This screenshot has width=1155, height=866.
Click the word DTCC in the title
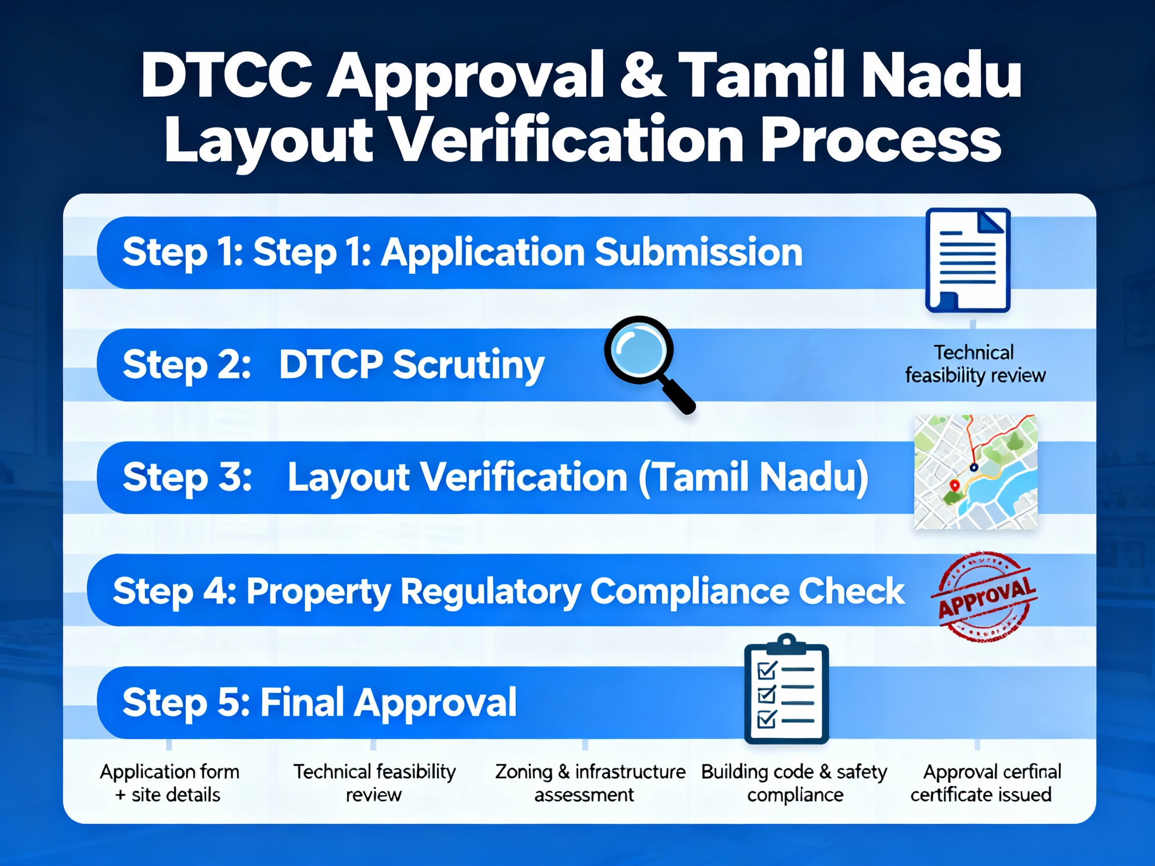coord(226,76)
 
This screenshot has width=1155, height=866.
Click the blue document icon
coord(968,260)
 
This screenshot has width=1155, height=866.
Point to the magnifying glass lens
coord(638,350)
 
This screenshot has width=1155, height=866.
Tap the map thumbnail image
coord(976,472)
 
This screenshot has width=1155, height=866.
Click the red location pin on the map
coord(954,486)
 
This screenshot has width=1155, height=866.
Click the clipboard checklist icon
coord(786,691)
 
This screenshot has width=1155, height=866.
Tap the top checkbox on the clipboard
coord(766,670)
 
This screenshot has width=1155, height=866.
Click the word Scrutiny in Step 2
coord(468,364)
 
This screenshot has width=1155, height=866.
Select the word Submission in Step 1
coord(698,252)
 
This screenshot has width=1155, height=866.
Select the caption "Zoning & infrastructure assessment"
coord(590,783)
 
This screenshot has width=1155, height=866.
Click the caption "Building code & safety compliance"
coord(794,783)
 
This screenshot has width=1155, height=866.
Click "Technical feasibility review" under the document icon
coord(975,364)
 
